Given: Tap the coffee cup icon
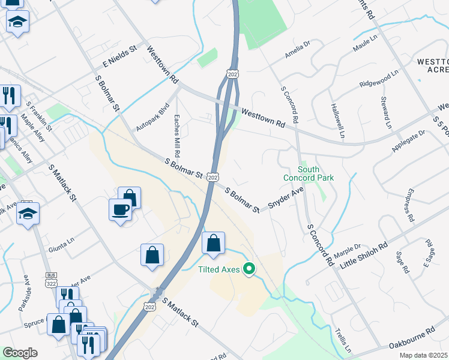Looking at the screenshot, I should coord(121,209).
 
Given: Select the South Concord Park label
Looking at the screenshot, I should coord(309,173).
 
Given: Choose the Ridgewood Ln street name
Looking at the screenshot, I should coord(379,79).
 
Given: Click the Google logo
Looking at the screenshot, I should coord(20,353).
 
